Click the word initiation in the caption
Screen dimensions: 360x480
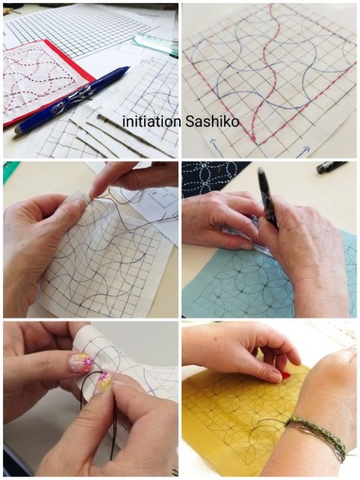tap(152, 122)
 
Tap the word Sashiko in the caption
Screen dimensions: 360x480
tap(212, 122)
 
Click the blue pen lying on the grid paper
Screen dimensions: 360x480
tap(72, 100)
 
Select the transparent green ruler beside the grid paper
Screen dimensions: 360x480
tap(155, 45)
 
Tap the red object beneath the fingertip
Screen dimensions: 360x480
tap(286, 375)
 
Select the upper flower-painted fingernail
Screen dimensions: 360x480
tap(81, 362)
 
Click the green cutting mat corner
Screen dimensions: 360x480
tap(11, 172)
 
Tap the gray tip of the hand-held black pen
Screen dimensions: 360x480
tap(261, 171)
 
